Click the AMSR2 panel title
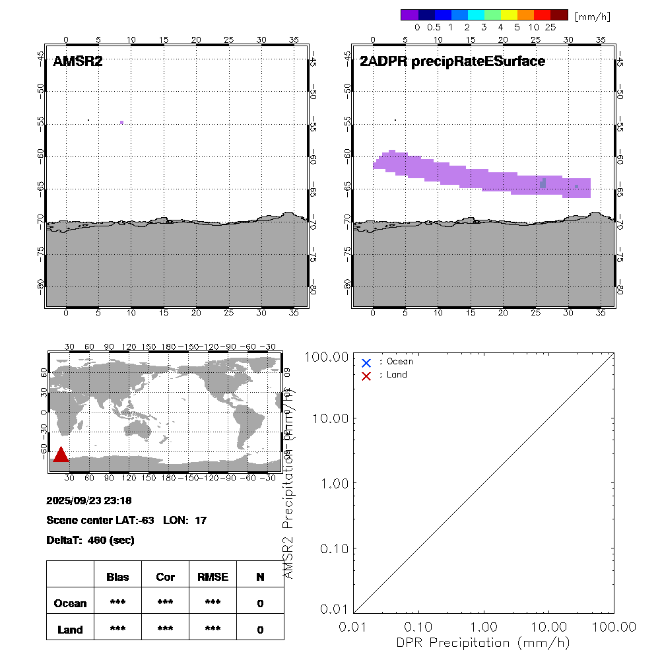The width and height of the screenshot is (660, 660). point(77,62)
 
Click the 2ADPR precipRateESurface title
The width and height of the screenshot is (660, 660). point(452,62)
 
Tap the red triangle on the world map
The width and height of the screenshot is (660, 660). point(61,455)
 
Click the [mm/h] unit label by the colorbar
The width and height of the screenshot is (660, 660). point(593,15)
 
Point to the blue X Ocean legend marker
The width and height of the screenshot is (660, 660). point(366,362)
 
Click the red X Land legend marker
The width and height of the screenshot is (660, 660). point(366,376)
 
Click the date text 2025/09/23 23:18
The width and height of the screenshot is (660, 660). point(89,500)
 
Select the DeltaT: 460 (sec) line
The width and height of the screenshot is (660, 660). point(90,540)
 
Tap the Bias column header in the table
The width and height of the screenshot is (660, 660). point(117,577)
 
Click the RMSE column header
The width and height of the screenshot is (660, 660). point(213,577)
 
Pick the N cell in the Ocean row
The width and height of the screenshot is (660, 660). point(260,603)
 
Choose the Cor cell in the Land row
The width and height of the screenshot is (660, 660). point(165,630)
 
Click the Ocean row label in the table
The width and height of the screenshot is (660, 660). point(70,603)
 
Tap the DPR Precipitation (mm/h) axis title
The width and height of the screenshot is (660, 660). point(482,642)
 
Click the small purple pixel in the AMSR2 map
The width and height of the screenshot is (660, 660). point(122,122)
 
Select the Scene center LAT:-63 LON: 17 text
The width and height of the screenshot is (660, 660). point(126,520)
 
